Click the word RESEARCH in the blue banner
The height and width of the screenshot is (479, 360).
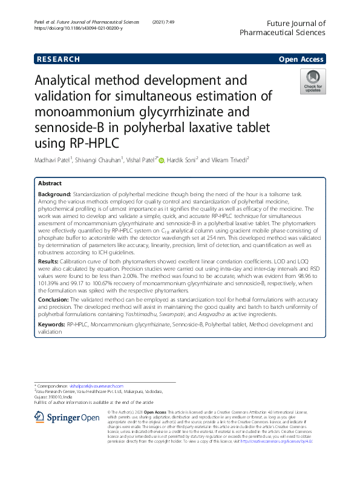tap(59, 59)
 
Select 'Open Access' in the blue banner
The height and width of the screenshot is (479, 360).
tap(303, 59)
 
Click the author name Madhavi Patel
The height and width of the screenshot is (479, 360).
tap(56, 160)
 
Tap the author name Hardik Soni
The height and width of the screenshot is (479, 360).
tap(182, 160)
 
